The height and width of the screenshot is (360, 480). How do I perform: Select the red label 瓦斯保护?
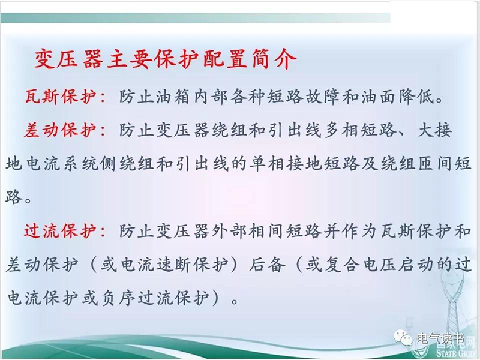(61, 97)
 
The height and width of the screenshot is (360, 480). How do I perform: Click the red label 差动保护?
(61, 130)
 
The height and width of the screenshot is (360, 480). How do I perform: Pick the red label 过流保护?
(61, 231)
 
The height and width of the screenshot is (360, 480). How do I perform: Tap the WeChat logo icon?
(403, 338)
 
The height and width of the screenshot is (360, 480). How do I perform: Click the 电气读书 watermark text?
(440, 338)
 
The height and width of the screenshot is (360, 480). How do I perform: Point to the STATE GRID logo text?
(458, 353)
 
